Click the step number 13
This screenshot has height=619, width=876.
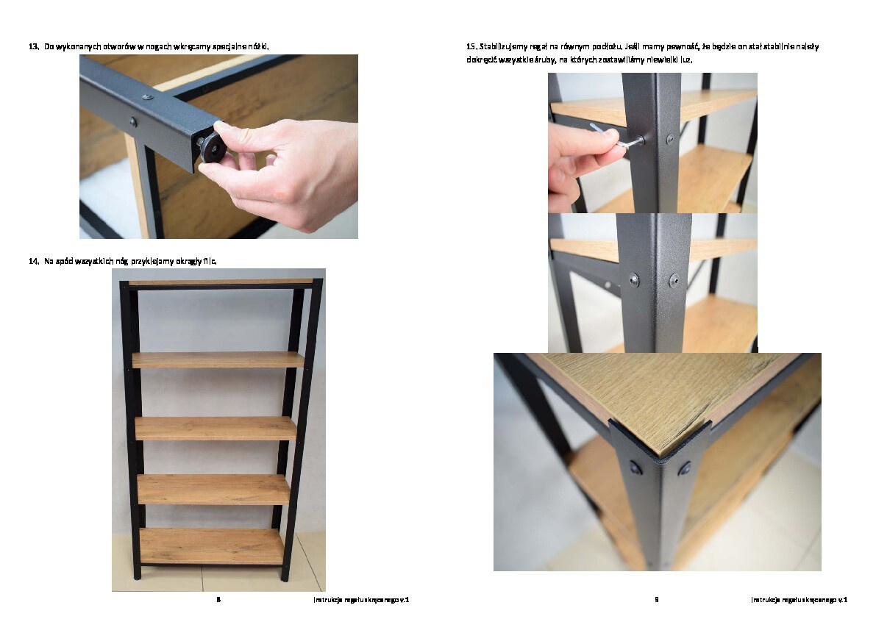tap(34, 46)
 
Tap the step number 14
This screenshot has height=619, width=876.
tap(34, 261)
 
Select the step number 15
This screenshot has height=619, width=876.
tap(471, 46)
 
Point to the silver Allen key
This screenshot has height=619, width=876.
tap(616, 137)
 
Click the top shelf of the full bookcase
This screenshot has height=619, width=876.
tap(220, 282)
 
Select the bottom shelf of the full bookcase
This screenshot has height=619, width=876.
tap(212, 546)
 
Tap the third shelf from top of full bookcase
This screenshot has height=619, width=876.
tap(216, 428)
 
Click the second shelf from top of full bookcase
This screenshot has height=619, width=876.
tap(218, 359)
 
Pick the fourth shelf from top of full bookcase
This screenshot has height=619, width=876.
tap(213, 490)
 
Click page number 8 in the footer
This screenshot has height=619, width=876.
tap(218, 600)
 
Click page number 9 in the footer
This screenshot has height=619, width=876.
tap(656, 600)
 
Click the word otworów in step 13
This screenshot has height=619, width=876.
tap(119, 46)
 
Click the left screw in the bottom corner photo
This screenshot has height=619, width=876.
tap(635, 467)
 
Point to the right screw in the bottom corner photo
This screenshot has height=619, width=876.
tap(684, 468)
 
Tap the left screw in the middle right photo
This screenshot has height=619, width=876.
tap(634, 279)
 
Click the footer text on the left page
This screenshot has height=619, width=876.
tap(361, 600)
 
